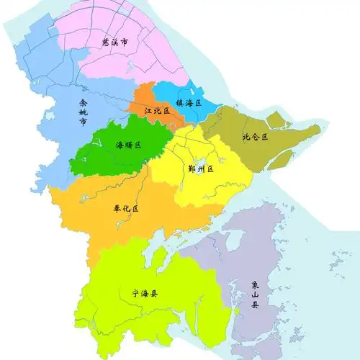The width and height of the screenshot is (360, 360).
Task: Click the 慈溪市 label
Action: (115, 44)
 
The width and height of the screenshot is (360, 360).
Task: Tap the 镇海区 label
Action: (189, 103)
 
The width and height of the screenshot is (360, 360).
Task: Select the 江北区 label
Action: (156, 112)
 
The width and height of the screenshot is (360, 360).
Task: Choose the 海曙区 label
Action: (128, 145)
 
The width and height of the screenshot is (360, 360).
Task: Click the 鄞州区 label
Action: (201, 168)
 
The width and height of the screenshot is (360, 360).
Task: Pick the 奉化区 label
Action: (125, 208)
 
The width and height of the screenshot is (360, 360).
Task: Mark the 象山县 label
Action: (254, 294)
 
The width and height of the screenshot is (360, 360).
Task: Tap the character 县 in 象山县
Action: (254, 305)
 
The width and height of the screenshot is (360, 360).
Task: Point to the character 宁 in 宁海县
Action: (135, 294)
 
